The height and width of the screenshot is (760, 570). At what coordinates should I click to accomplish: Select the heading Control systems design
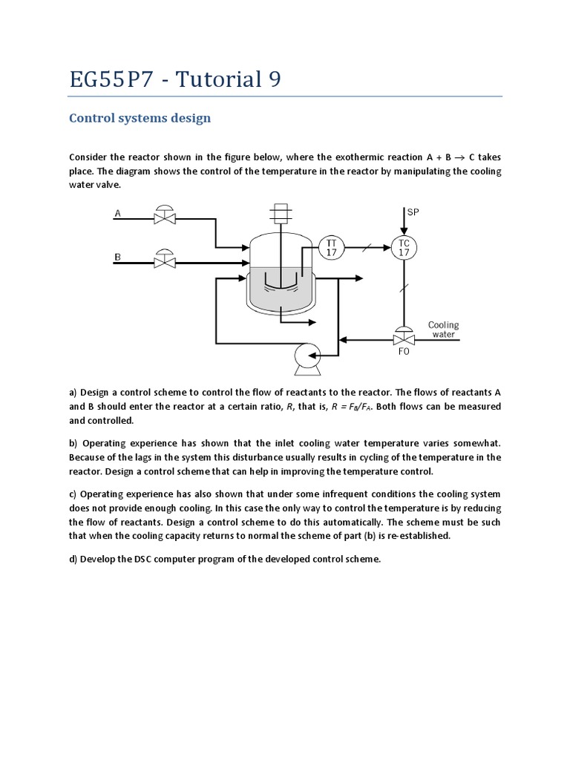point(140,118)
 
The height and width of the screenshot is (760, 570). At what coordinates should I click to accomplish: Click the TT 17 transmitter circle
point(330,246)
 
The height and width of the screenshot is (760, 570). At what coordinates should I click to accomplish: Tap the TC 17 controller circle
point(404,246)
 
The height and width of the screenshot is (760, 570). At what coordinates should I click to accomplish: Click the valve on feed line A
point(163,216)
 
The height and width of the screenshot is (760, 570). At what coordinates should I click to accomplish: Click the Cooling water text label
point(444,330)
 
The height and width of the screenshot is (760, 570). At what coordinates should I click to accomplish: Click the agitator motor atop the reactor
point(281,213)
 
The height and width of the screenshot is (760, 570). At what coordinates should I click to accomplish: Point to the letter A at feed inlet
point(117,214)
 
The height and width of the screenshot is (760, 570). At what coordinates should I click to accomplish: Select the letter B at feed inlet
point(117,257)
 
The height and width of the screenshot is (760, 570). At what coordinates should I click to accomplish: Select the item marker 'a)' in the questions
point(73,393)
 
